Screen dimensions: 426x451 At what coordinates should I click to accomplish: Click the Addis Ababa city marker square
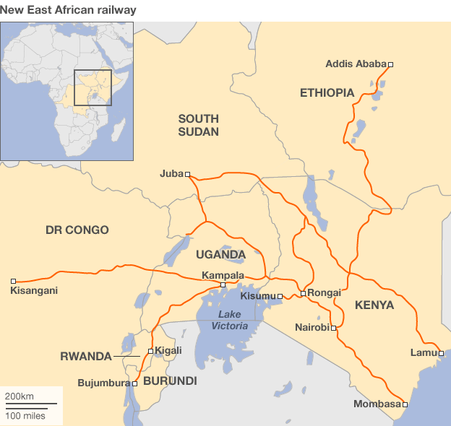point(390,64)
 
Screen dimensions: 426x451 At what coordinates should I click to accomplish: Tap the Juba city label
point(171,174)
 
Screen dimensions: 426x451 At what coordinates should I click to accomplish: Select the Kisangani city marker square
point(13,281)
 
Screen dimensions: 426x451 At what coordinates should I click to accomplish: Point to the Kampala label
point(223,275)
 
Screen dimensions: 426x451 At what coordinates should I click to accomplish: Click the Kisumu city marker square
point(280,297)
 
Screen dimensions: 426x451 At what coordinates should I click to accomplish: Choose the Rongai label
point(324,292)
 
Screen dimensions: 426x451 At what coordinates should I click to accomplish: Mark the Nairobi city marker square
point(333,328)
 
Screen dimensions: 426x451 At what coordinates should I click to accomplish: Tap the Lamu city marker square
point(441,353)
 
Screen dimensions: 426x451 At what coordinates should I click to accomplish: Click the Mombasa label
point(377,404)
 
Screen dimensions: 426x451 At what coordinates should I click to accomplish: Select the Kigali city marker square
point(150,351)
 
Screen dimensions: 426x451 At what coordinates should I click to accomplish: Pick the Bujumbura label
point(103,383)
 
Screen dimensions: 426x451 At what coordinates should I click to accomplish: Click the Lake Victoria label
point(229,321)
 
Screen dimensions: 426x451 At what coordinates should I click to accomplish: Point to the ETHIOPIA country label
point(327,92)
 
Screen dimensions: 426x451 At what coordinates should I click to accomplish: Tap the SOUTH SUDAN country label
point(198,125)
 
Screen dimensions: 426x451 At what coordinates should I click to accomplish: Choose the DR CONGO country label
point(77,230)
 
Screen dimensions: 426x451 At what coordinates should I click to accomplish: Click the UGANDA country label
point(220,255)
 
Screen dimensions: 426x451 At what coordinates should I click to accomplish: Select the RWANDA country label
point(85,356)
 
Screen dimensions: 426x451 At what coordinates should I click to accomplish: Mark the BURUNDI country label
point(170,381)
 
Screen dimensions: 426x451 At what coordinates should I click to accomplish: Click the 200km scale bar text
point(20,396)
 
